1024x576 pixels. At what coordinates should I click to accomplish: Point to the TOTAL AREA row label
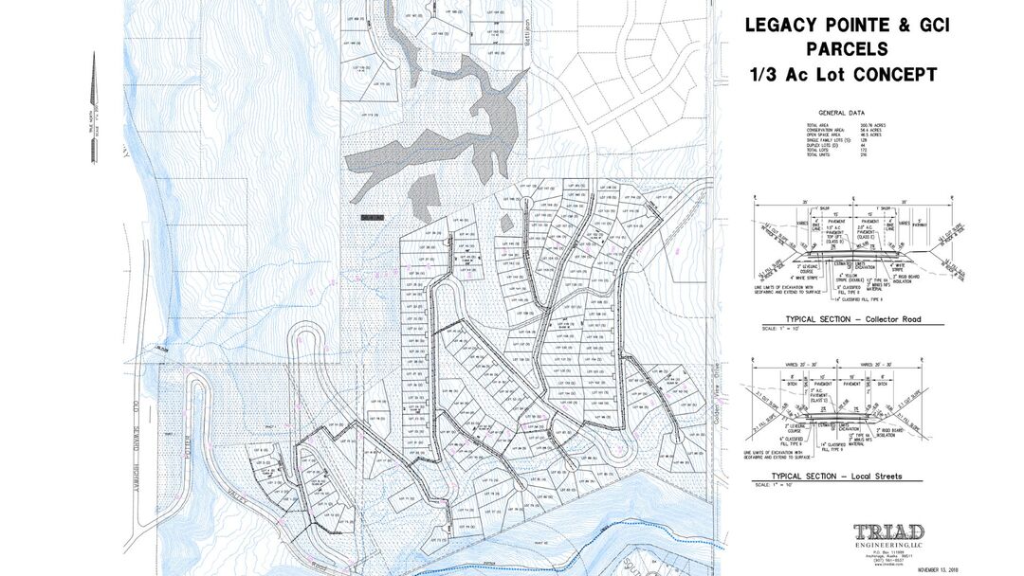816,126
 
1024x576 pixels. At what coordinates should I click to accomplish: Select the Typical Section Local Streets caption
837,476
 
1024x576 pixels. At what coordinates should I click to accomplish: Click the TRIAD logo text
887,532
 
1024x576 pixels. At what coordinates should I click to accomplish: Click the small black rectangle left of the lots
371,216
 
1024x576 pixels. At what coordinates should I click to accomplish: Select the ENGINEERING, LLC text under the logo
887,546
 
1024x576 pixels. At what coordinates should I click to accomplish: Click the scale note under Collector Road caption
764,329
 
